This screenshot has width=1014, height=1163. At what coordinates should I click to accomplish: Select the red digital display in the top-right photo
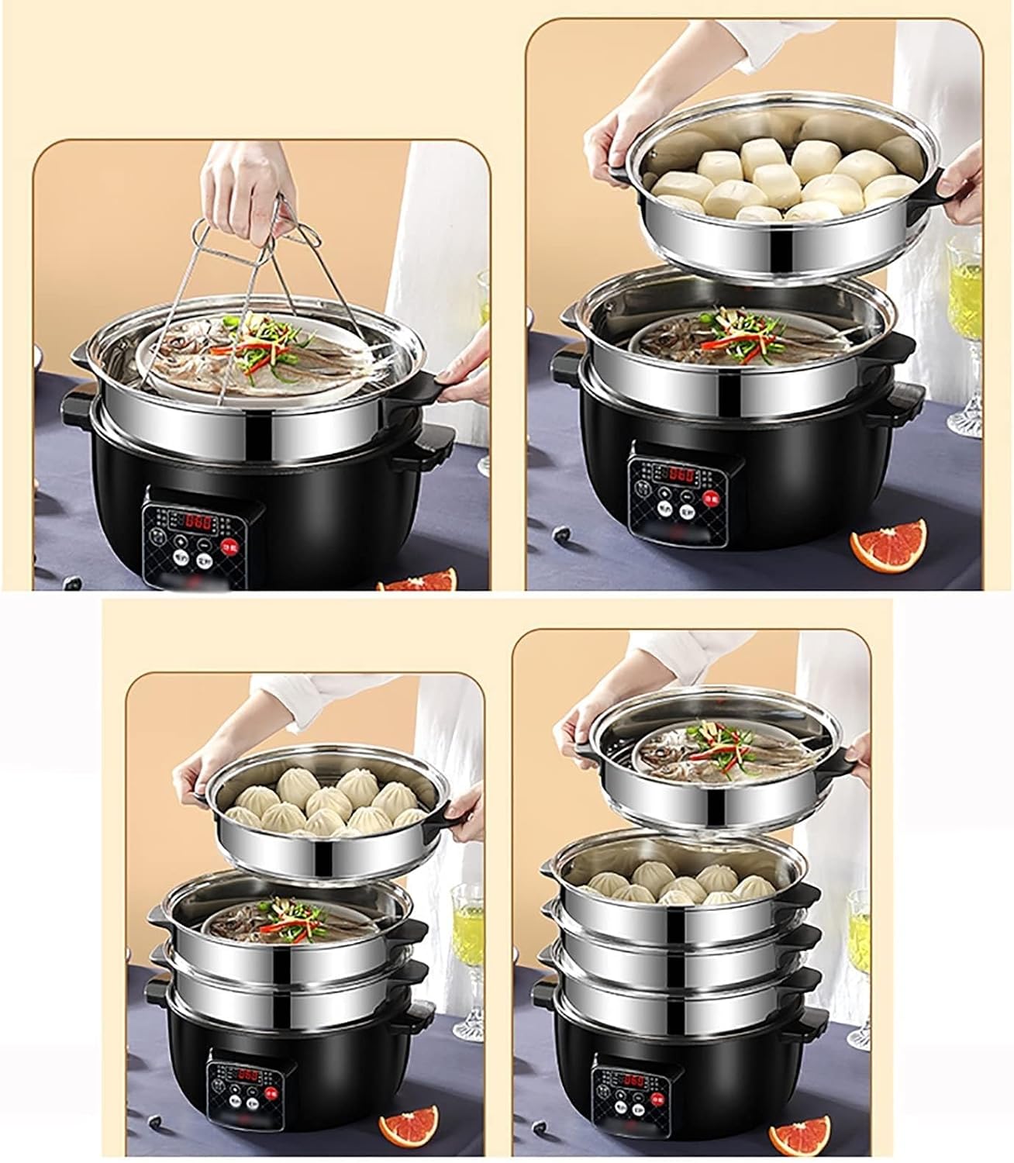coord(681,475)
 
